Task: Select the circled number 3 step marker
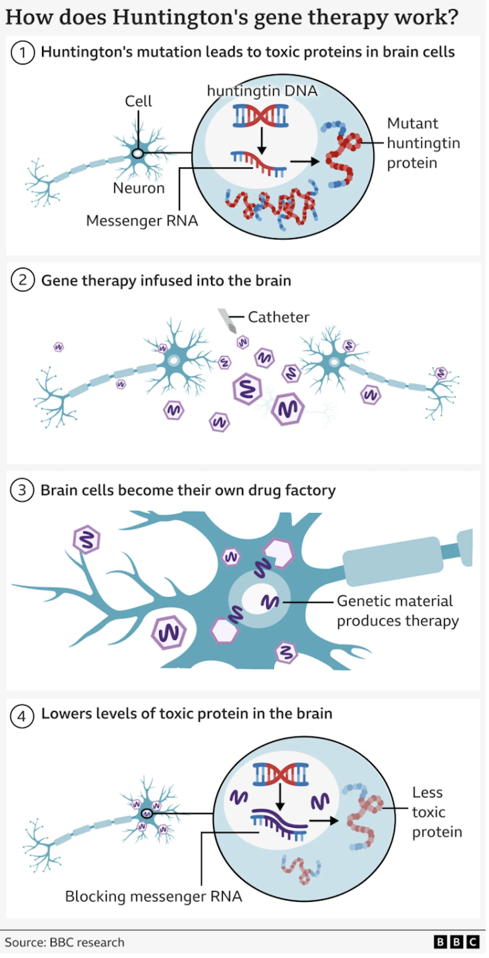tap(22, 491)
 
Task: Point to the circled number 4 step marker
tap(22, 714)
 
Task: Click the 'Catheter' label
tap(278, 317)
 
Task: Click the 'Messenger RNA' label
tap(142, 221)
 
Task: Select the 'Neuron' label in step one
tap(138, 188)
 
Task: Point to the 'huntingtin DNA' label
tap(262, 91)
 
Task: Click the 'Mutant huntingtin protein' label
tap(423, 143)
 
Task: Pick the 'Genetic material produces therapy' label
tap(397, 611)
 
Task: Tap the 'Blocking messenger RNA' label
tap(153, 896)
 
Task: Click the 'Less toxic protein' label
tap(437, 812)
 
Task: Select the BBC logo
tap(456, 942)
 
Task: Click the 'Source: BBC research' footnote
tap(64, 942)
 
